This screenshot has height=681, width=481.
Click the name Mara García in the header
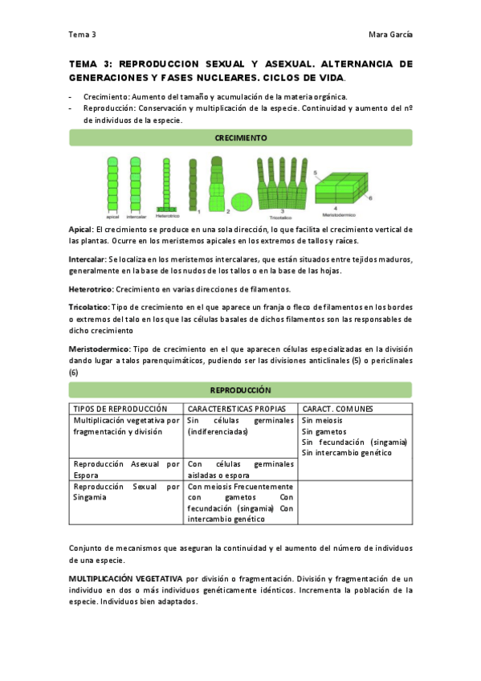tap(389, 35)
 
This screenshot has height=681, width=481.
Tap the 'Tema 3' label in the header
tap(82, 35)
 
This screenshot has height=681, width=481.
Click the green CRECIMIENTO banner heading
tap(241, 138)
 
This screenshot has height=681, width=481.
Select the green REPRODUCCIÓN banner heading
tap(241, 390)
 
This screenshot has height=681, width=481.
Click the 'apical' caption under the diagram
tap(112, 216)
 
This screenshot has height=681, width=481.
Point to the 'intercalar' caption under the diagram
tap(137, 216)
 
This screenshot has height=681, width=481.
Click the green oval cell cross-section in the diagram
tap(242, 201)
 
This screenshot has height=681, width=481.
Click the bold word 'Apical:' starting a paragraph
tap(81, 230)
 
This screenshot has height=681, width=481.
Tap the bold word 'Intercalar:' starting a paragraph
tap(88, 259)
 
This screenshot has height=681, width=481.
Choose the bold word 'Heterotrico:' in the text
tap(92, 289)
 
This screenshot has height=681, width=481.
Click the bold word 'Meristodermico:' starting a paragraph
tap(99, 349)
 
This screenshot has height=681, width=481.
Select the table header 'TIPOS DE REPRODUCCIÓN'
tap(120, 409)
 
